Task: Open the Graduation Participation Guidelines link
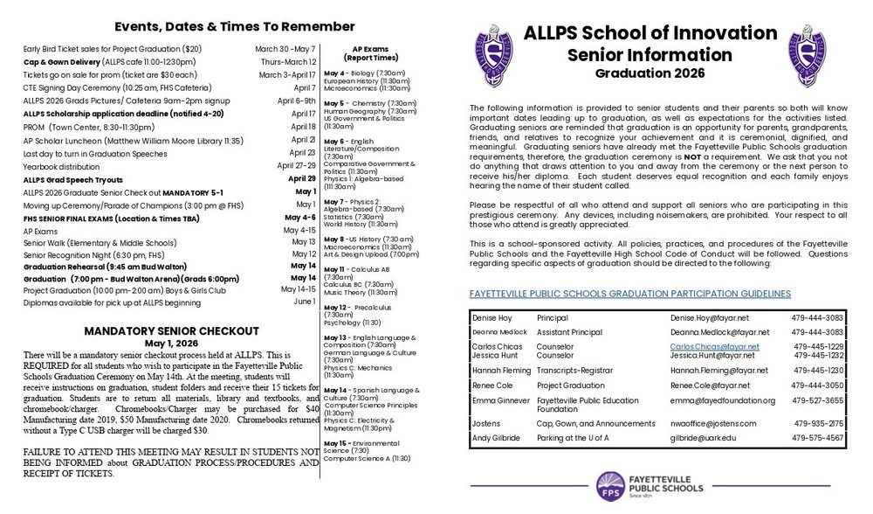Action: pos(629,294)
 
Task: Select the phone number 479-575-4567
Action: pos(816,437)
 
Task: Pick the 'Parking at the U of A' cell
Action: pos(579,437)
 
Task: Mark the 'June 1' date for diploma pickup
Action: pos(304,301)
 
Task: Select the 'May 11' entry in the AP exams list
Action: pos(335,269)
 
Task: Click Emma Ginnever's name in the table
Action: pos(498,400)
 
